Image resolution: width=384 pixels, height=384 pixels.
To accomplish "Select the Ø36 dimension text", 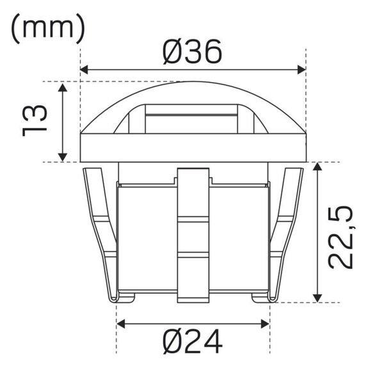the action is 193,52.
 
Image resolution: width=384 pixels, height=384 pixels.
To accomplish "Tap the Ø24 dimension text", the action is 193,341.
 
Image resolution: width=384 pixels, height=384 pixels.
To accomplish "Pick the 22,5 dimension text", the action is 340,237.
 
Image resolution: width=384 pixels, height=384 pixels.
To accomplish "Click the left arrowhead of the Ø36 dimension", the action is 84,70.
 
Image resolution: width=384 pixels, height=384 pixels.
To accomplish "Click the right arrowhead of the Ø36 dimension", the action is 301,70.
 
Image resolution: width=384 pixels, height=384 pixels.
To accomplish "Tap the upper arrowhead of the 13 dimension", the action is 63,87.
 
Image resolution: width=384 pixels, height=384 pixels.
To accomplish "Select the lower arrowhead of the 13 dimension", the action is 63,157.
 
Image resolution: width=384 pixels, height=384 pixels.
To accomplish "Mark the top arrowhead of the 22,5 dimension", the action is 317,166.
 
